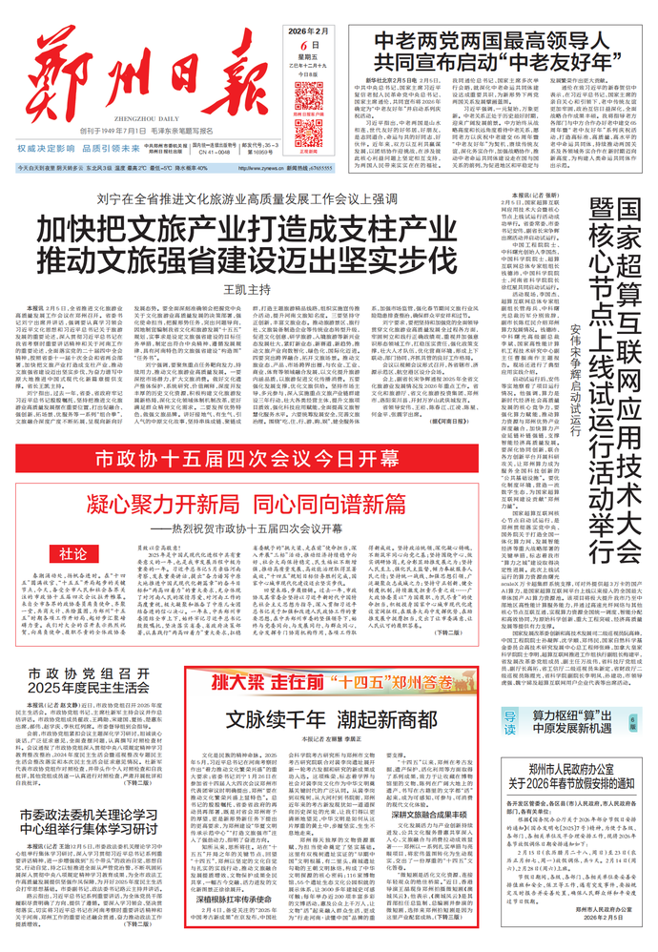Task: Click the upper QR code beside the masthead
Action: click(x=309, y=96)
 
